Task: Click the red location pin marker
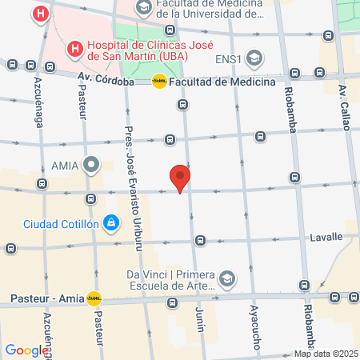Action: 181,177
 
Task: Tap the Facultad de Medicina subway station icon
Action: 159,81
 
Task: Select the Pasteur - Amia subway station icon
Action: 94,298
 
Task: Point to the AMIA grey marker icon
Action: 92,166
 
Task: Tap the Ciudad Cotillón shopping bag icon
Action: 111,222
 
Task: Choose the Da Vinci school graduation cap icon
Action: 227,278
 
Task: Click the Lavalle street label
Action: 326,237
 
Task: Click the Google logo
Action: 26,350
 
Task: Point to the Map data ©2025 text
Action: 325,354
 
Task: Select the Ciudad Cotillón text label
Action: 61,223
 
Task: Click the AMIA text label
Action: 63,166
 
